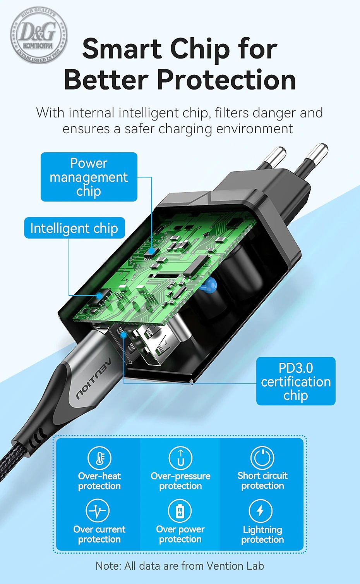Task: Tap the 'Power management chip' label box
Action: (x=89, y=177)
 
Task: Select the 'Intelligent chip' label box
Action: (x=74, y=228)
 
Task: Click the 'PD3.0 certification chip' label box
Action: (x=296, y=381)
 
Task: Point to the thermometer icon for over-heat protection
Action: (x=99, y=458)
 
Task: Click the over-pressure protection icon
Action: (x=180, y=458)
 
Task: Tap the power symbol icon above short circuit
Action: (x=262, y=458)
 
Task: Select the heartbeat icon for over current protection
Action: (x=98, y=510)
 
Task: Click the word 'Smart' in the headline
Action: (x=122, y=49)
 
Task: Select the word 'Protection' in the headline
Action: (x=226, y=79)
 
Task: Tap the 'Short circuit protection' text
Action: (x=262, y=481)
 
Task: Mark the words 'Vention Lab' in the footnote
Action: (x=235, y=565)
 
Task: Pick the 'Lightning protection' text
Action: (x=262, y=534)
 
